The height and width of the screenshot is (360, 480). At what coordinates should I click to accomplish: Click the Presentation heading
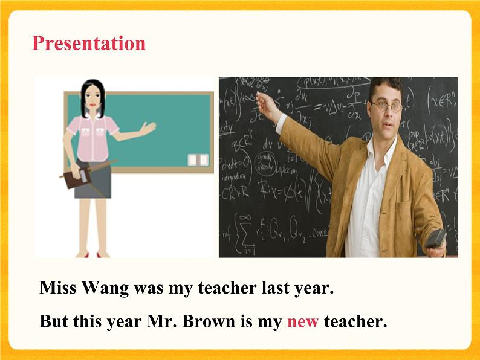click(x=88, y=43)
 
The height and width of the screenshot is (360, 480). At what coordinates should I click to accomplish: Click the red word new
click(x=302, y=322)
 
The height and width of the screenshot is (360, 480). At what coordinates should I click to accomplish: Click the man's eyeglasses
click(x=386, y=106)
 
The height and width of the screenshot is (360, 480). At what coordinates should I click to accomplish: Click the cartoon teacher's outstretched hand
click(x=148, y=128)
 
